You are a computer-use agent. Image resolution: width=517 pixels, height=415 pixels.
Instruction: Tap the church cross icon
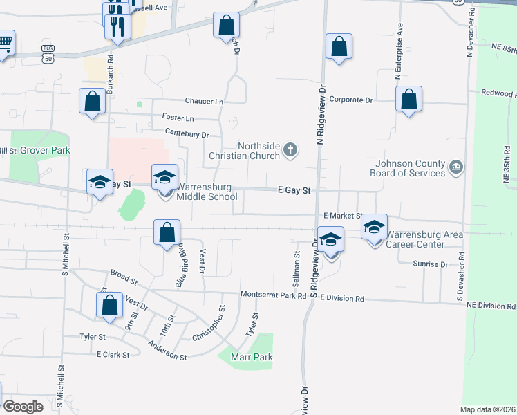[x=291, y=149]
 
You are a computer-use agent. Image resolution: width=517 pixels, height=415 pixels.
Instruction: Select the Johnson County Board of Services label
[x=410, y=168]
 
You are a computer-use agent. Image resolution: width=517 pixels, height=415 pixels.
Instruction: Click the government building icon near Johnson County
[x=456, y=167]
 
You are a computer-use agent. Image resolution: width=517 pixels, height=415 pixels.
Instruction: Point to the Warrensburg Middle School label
[x=207, y=192]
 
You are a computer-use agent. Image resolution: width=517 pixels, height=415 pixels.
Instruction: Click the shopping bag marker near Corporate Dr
[x=409, y=100]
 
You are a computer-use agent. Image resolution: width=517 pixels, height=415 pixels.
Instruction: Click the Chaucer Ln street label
[x=203, y=102]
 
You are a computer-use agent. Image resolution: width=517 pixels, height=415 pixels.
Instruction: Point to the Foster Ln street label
[x=178, y=118]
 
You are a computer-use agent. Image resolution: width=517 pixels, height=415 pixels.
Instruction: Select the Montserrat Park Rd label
[x=273, y=295]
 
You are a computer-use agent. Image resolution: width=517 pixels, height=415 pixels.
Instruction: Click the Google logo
[x=22, y=407]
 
